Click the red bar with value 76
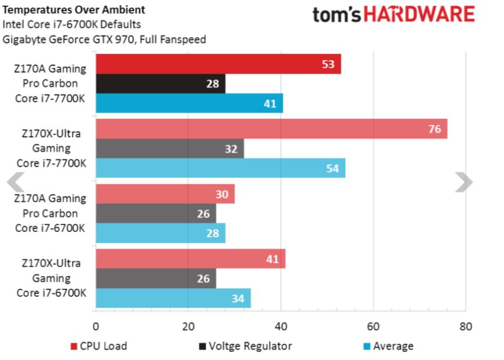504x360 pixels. [x=271, y=129]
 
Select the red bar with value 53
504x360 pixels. [x=218, y=64]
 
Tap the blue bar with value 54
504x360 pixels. [x=220, y=168]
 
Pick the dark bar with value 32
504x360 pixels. [x=169, y=148]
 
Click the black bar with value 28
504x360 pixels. [x=160, y=83]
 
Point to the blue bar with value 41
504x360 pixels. [x=189, y=103]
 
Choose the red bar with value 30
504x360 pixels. [x=165, y=194]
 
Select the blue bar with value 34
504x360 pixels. [x=173, y=299]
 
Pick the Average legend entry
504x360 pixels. [x=388, y=346]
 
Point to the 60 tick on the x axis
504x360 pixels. [x=373, y=326]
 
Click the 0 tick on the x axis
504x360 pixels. [x=96, y=326]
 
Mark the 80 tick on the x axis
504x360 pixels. [x=465, y=326]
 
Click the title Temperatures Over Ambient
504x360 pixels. [x=74, y=10]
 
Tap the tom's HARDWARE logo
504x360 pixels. [x=393, y=14]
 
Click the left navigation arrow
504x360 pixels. [x=16, y=182]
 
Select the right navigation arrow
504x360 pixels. [x=463, y=182]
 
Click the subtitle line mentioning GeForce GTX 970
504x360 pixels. [x=104, y=39]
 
